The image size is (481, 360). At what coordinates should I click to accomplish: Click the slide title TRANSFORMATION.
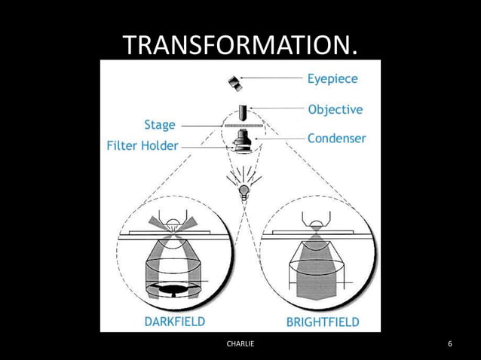click(x=240, y=46)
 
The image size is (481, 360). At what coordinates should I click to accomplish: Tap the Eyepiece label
click(x=332, y=78)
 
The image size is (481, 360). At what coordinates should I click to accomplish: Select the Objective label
click(x=335, y=109)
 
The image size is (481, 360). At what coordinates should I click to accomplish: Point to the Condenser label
click(x=337, y=139)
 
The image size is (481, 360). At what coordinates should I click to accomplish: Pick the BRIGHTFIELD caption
click(x=323, y=322)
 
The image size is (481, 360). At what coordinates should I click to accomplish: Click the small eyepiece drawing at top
click(x=235, y=82)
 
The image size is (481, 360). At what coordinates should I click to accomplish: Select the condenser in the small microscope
click(x=243, y=141)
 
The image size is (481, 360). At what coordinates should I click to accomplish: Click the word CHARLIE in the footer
click(x=240, y=344)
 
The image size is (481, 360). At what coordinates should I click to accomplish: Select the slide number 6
click(x=450, y=344)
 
